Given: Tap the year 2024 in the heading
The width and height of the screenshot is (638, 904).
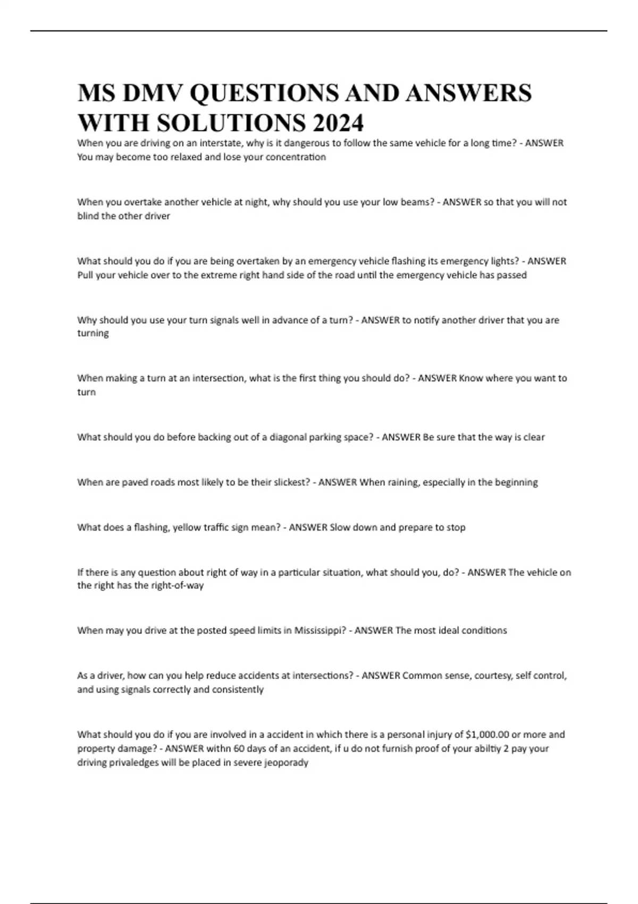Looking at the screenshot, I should pyautogui.click(x=338, y=123).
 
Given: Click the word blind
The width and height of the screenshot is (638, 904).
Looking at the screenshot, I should pyautogui.click(x=88, y=216).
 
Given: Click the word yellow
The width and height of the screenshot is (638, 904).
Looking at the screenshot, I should pyautogui.click(x=187, y=528).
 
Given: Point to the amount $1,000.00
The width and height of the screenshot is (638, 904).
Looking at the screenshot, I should pyautogui.click(x=487, y=734).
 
